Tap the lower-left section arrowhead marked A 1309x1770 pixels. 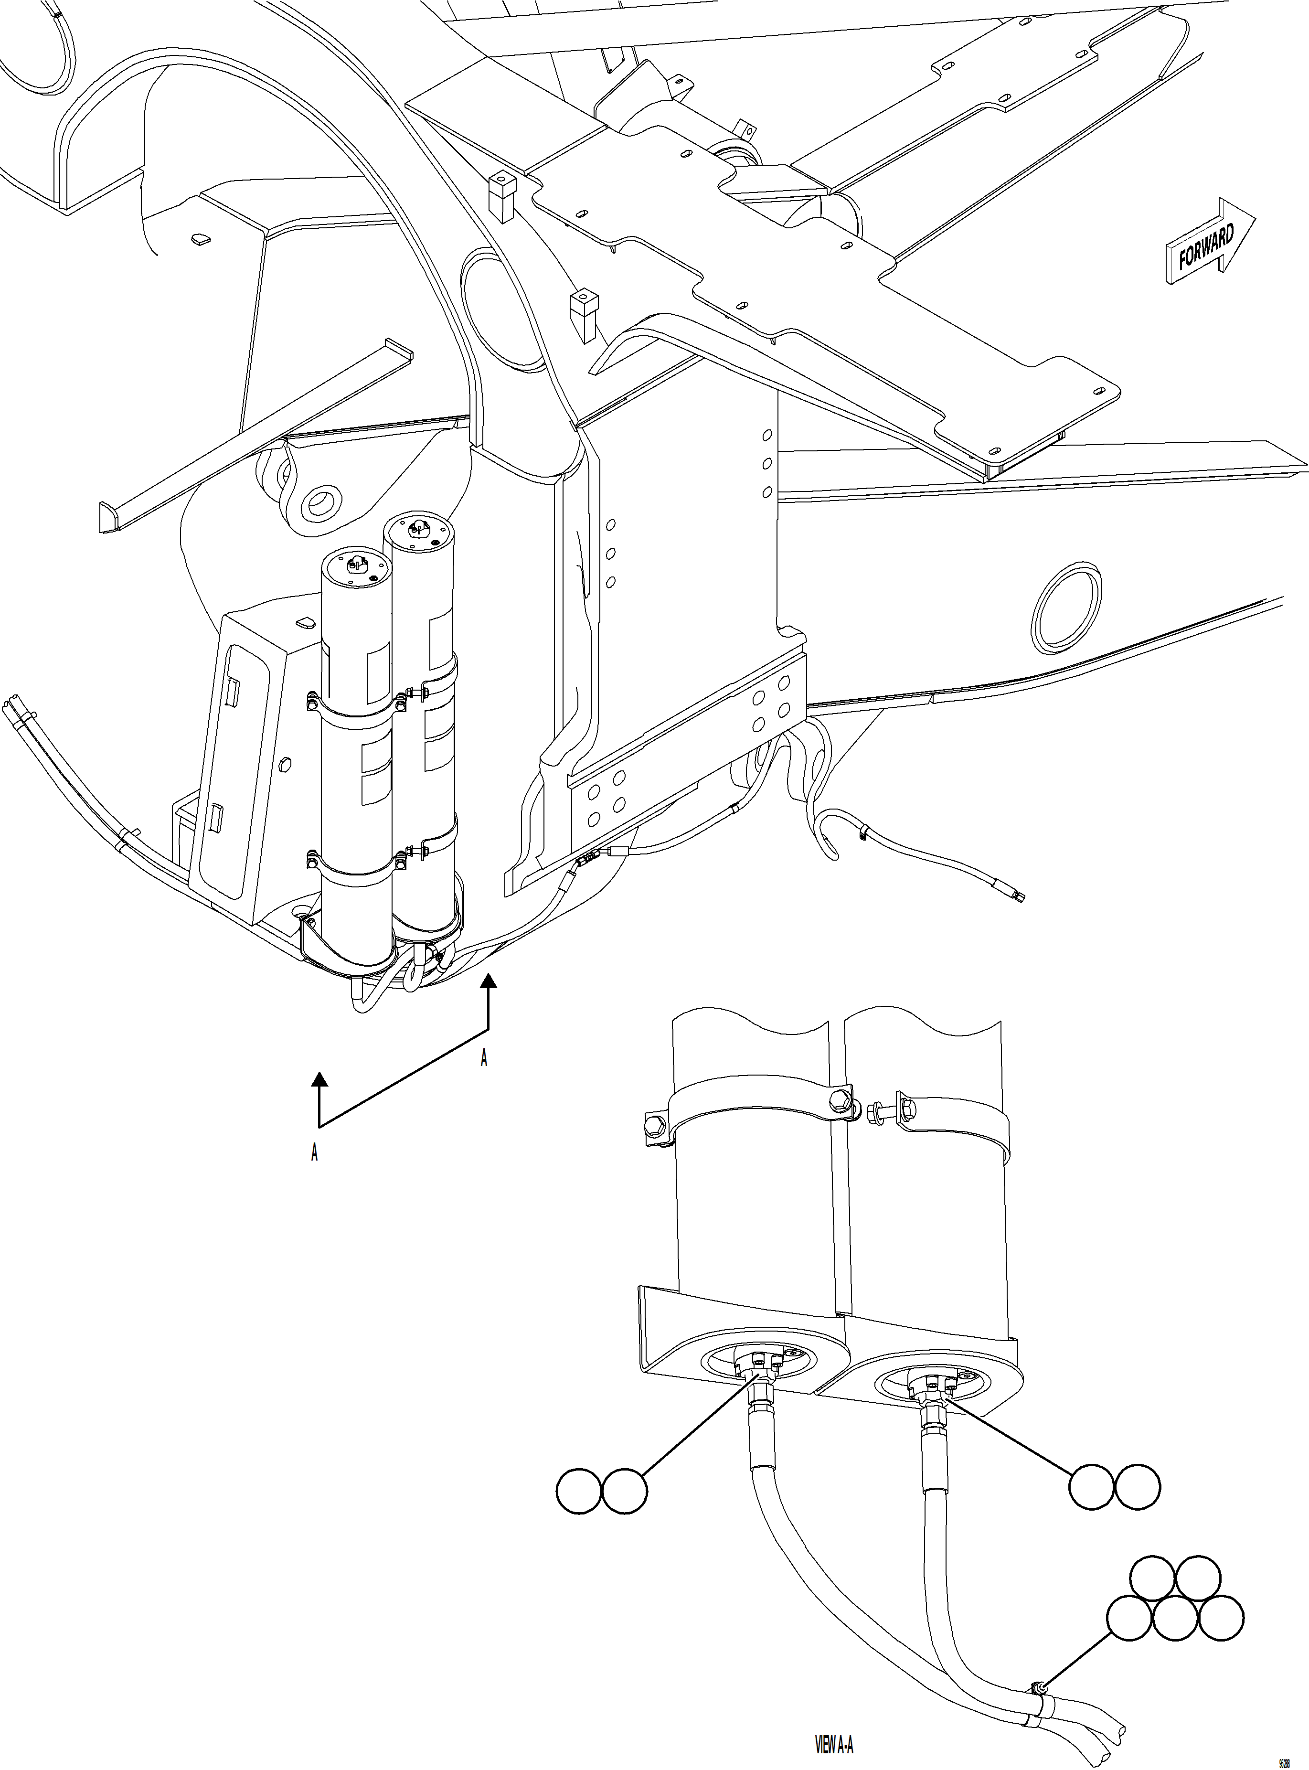(319, 1079)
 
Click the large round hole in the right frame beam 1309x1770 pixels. (1066, 608)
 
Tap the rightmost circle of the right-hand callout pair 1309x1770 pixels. (1139, 1485)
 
